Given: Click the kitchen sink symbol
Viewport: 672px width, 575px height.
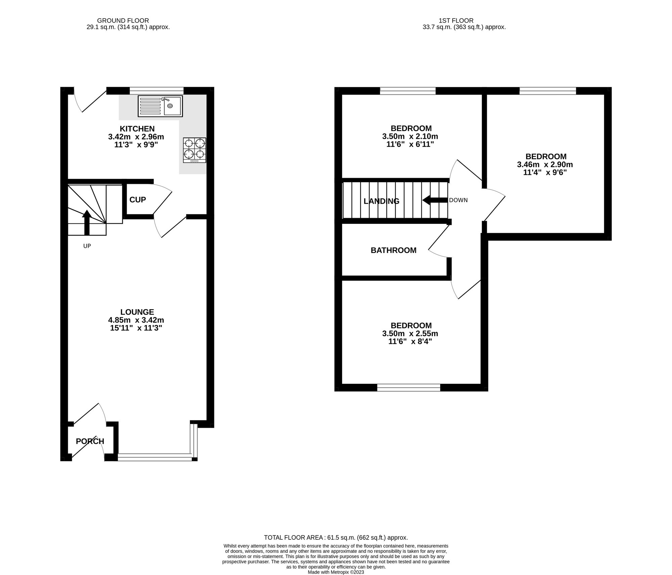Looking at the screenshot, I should point(160,106).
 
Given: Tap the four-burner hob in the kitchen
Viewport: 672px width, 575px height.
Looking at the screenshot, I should point(195,150).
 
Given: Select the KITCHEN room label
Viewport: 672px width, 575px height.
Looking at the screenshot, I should point(137,129).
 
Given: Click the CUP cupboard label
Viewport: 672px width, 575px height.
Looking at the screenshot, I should point(138,200).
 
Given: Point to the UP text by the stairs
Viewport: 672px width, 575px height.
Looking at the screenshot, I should point(87,246).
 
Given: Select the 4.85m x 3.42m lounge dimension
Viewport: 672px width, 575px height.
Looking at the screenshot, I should point(136,320).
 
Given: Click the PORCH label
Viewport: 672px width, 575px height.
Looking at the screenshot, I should point(90,441).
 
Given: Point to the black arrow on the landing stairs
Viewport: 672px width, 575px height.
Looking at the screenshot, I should point(435,200).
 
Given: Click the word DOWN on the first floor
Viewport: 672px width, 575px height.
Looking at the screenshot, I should point(458,200).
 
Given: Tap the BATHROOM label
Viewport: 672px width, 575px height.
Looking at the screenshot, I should point(393,250).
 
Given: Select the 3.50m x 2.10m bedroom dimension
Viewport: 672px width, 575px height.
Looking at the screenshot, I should point(410,136).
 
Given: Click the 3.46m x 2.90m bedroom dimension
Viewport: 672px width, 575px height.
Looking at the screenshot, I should point(545,165).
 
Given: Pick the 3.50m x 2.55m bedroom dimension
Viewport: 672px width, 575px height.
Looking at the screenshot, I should point(410,334).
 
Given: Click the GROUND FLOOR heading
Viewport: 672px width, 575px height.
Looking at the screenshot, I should point(123,21).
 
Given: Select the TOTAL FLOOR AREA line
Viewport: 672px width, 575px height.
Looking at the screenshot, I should point(336,537).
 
